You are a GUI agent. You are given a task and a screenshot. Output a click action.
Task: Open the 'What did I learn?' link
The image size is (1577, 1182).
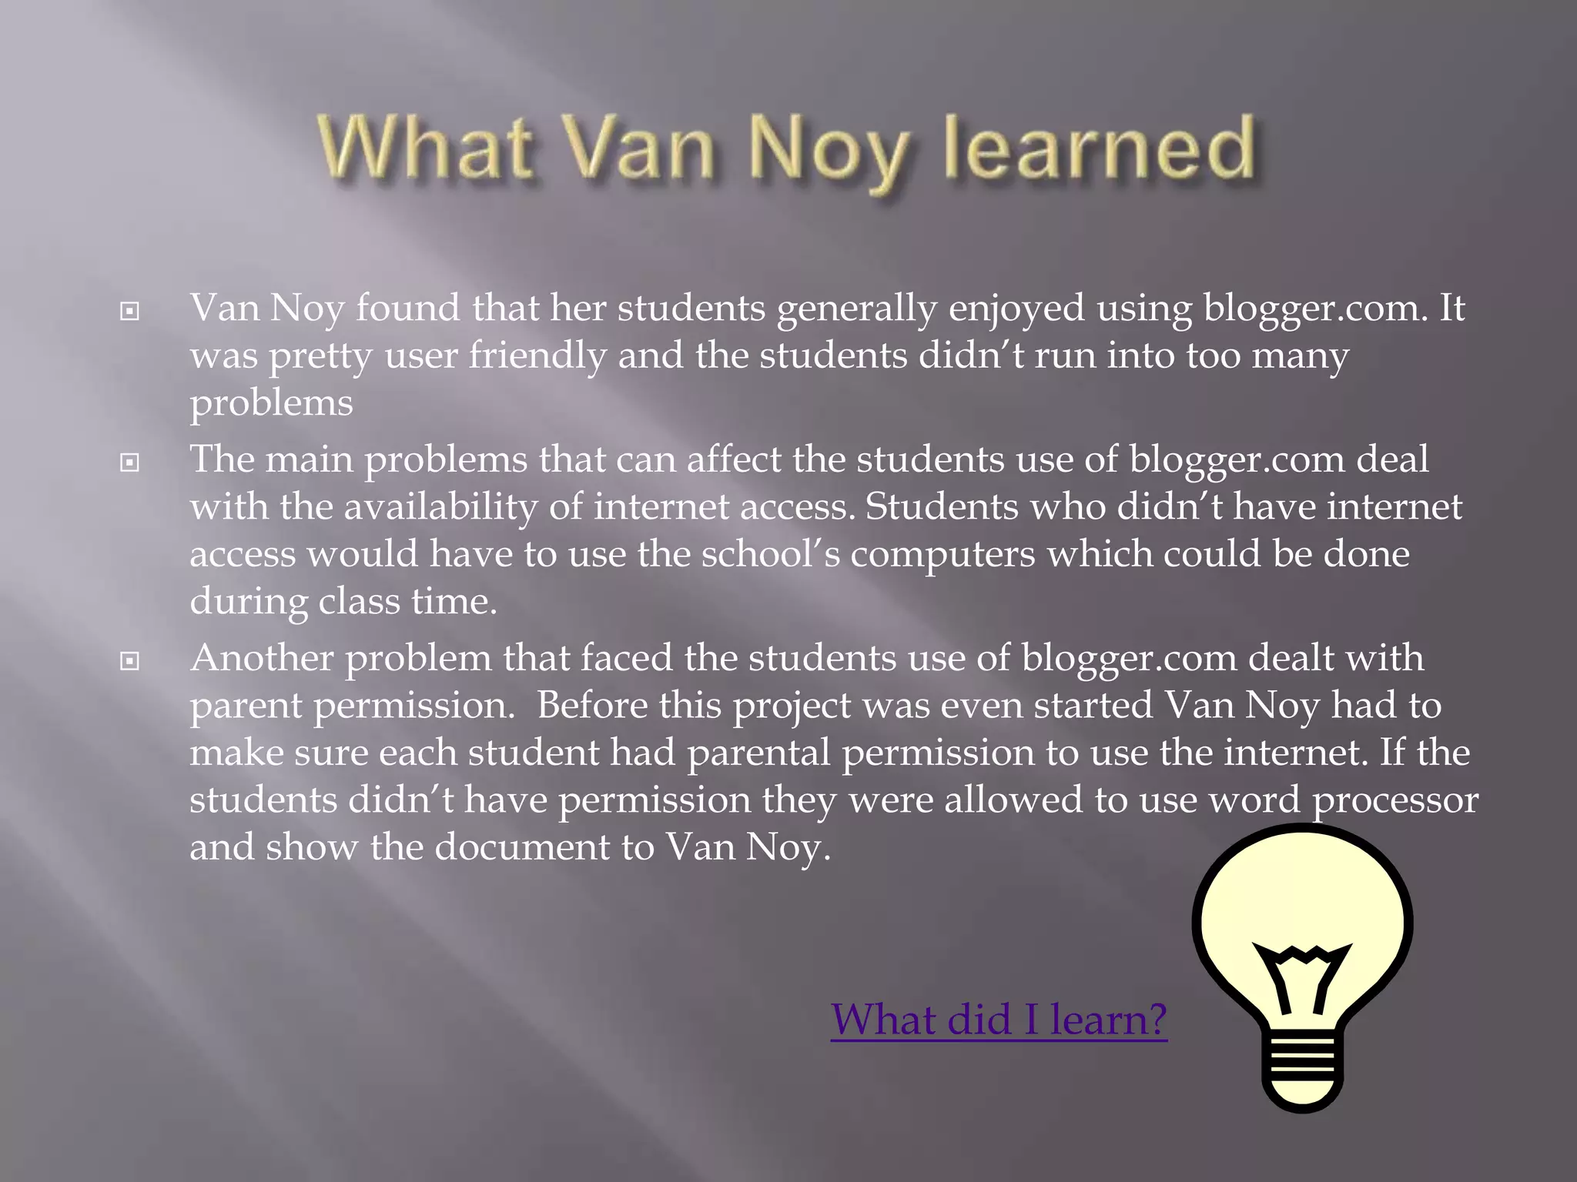(999, 1019)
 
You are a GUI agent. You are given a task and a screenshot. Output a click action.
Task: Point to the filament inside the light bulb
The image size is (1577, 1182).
(1302, 973)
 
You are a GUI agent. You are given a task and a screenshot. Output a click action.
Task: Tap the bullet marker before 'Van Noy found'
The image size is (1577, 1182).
(130, 311)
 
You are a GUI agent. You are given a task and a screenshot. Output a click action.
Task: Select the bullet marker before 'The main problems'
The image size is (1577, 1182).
(130, 462)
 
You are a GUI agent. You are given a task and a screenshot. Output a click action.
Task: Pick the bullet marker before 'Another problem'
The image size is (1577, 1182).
(130, 660)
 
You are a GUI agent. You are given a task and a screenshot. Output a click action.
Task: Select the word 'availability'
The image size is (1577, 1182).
(440, 507)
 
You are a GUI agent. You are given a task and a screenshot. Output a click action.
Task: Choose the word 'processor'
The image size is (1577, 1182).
(1395, 801)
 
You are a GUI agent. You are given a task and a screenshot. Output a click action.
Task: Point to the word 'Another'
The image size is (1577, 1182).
(262, 658)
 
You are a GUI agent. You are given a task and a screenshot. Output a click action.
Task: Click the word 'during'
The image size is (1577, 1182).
(249, 602)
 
